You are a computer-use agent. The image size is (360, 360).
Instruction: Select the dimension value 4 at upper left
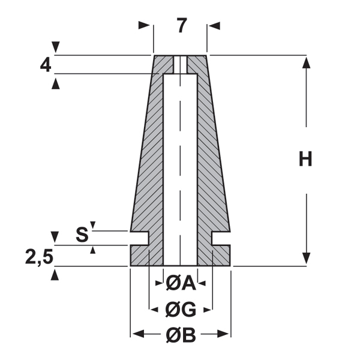click(46, 65)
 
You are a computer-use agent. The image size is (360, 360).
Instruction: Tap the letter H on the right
click(306, 159)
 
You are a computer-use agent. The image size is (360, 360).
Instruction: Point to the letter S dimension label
click(82, 235)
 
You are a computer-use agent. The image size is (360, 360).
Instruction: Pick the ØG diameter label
click(181, 310)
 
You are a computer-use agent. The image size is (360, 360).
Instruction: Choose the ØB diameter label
click(181, 335)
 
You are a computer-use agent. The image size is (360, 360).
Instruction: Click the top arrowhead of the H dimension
click(307, 61)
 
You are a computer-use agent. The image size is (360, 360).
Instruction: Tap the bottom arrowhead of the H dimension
click(307, 259)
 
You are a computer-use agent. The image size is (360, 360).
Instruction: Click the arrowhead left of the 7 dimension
click(143, 26)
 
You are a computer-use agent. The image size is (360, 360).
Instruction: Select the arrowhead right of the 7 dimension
click(214, 26)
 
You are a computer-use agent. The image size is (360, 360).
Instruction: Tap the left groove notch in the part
click(140, 238)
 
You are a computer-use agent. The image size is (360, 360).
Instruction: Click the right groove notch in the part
click(221, 238)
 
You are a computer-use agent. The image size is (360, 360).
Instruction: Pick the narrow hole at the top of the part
click(181, 64)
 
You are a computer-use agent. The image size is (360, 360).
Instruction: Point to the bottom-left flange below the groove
click(140, 256)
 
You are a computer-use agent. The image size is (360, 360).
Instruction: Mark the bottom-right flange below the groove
click(221, 256)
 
